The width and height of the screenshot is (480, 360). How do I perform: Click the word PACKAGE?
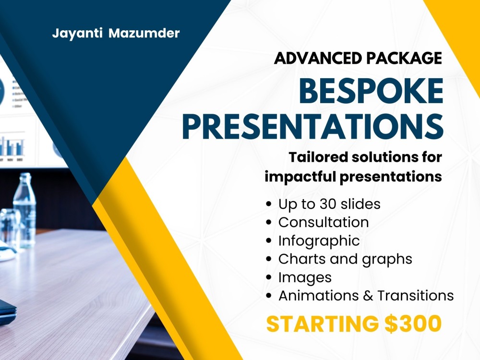point(404,58)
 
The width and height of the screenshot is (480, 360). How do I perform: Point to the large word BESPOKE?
point(370,92)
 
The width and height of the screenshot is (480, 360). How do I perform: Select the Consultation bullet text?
point(324,222)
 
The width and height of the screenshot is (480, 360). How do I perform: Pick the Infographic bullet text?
point(319,240)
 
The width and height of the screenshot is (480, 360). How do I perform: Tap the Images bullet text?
point(305,277)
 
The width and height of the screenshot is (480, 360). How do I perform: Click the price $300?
point(413,324)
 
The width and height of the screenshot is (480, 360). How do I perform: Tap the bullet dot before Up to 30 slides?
point(269,204)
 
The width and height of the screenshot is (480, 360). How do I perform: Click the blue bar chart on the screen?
point(12,146)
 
